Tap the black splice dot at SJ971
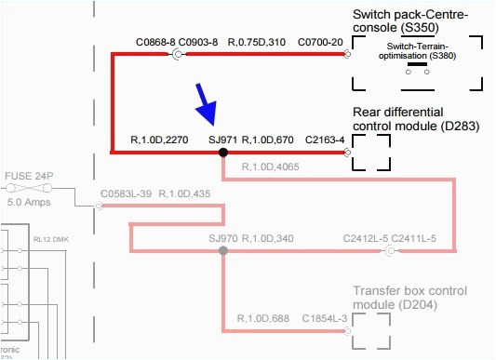(223, 152)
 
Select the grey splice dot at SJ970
(223, 250)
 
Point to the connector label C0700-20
(319, 42)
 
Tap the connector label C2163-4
(325, 140)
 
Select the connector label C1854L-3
(324, 319)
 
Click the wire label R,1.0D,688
(264, 319)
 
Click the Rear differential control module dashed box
(370, 151)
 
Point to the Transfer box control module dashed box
(370, 330)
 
